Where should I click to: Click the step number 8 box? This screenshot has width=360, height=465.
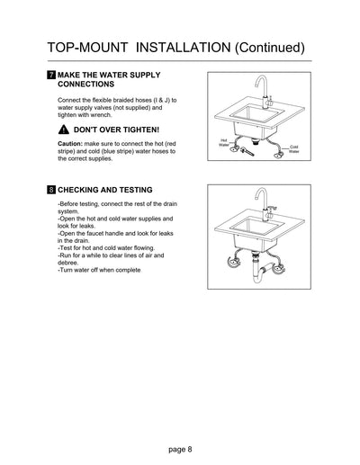[50, 190]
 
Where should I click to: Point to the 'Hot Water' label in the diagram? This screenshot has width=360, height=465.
[223, 141]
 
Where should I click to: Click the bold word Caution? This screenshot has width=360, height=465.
[70, 144]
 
